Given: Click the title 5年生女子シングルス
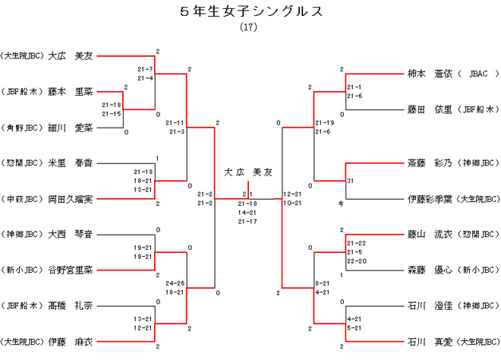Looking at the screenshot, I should (250, 11).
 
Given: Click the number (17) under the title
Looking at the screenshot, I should (249, 27).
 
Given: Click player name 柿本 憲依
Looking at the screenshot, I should (430, 74).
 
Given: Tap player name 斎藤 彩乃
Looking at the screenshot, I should (430, 163).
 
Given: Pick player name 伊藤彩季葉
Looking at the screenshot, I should (430, 198).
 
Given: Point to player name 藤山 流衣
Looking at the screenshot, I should (430, 234).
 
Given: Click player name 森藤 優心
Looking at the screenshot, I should (430, 270).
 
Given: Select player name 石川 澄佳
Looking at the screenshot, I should (430, 305).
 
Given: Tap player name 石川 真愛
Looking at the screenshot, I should (430, 341).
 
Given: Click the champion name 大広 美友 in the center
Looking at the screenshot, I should (247, 172).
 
